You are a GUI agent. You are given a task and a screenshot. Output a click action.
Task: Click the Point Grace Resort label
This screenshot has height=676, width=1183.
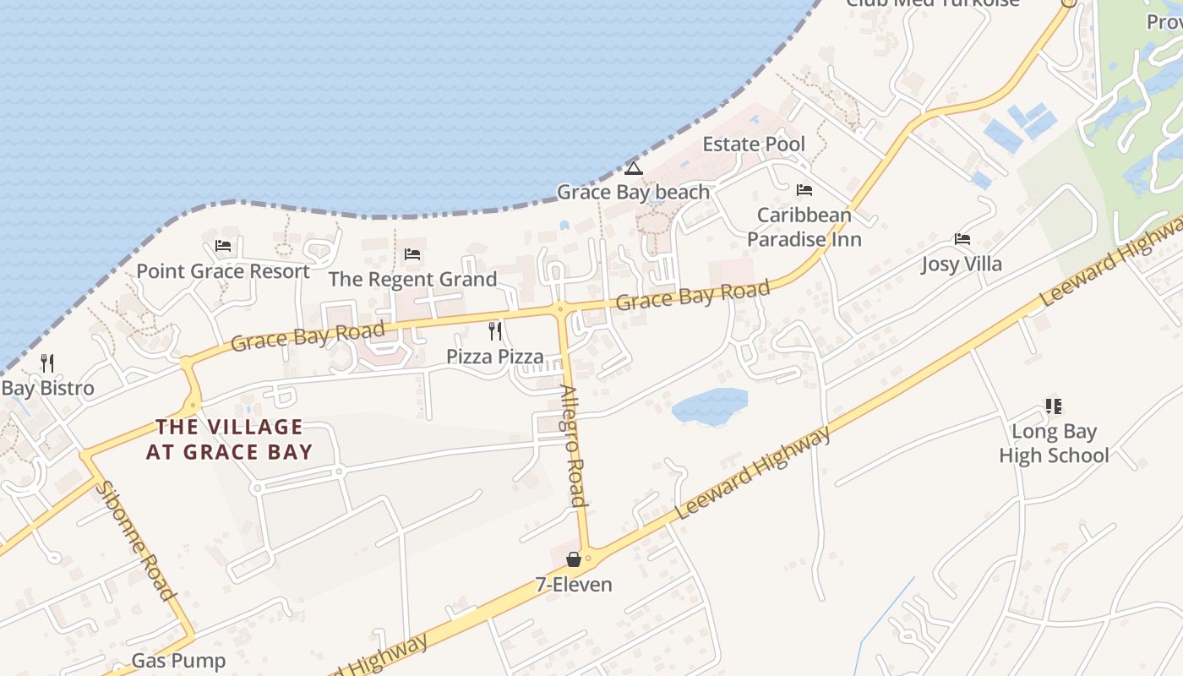coord(223,271)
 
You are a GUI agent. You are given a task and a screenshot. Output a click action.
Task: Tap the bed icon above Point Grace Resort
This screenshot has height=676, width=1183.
coord(223,246)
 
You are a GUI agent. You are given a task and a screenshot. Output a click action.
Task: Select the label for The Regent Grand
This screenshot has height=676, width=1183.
coord(412,279)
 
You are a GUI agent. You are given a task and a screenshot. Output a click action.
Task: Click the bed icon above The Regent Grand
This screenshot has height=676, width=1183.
coord(412,253)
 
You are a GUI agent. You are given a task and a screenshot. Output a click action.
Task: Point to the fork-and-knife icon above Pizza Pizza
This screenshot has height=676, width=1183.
coord(495,330)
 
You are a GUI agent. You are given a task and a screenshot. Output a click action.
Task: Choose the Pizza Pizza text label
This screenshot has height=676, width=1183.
coord(495,356)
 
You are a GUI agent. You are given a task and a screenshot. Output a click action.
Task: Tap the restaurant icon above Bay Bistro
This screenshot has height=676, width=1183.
coord(47,363)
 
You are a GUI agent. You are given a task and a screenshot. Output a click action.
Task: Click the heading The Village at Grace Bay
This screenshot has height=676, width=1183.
coord(229,439)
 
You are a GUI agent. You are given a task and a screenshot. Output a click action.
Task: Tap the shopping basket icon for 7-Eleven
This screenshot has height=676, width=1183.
coord(574,559)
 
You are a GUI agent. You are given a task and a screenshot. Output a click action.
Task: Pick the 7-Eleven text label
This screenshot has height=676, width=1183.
coord(574,584)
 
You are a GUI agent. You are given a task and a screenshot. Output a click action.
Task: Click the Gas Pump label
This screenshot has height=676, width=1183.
coord(178,661)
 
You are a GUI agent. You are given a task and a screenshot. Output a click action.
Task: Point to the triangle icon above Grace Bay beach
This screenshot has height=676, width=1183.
coord(634,168)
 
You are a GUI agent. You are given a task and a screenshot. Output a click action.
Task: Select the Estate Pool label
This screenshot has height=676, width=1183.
coord(754,144)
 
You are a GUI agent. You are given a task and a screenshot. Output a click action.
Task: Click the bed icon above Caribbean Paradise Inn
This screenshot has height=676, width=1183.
coord(804,190)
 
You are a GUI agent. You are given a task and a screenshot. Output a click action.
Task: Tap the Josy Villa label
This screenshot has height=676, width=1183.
coord(962,264)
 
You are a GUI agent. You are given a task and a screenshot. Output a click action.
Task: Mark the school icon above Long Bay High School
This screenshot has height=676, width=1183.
coord(1053,406)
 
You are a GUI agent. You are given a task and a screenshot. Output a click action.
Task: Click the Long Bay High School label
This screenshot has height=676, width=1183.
coord(1054,444)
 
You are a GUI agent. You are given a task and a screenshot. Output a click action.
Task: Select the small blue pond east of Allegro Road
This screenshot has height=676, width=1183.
coord(710,406)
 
